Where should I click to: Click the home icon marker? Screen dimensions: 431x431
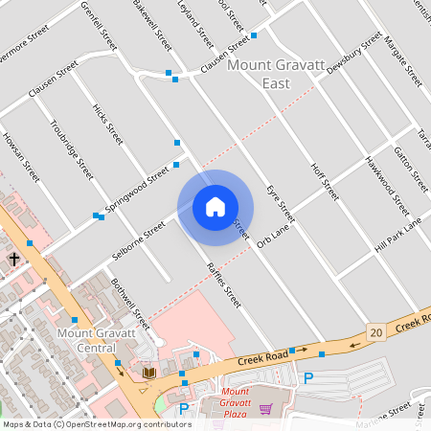(x=215, y=207)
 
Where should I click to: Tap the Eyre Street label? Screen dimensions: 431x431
(x=281, y=205)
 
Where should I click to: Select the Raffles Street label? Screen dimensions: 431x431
(x=225, y=284)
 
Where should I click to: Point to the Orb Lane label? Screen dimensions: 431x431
(x=273, y=237)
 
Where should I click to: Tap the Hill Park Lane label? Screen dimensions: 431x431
(x=397, y=236)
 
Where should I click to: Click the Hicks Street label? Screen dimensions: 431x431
(x=108, y=125)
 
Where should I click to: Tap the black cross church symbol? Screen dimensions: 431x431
(x=15, y=260)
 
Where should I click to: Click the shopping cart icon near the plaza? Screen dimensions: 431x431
(x=265, y=409)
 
